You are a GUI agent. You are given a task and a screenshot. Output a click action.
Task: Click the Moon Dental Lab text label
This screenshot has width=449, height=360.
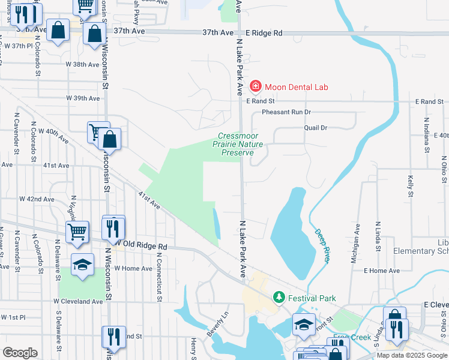297,87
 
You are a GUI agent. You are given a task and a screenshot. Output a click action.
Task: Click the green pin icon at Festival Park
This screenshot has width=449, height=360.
279,297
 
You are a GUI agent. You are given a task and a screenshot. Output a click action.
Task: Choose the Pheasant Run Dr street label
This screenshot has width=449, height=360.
286,112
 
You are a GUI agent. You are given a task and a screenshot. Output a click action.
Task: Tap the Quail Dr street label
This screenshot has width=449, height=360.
315,128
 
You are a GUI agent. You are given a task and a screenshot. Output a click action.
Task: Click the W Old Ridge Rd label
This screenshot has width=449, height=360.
140,246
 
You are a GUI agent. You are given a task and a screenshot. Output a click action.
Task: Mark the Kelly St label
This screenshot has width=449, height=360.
411,186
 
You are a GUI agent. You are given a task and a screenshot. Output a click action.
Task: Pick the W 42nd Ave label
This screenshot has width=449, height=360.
37,199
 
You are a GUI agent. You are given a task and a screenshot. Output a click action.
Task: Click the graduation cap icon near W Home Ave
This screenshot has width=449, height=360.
82,265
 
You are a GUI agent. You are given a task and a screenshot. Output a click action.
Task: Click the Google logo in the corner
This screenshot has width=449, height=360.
20,353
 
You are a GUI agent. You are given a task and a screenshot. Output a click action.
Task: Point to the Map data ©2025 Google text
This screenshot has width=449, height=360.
412,355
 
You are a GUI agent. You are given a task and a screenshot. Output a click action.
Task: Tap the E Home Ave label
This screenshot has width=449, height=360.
381,271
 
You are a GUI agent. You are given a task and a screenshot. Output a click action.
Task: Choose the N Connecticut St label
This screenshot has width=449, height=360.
160,273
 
